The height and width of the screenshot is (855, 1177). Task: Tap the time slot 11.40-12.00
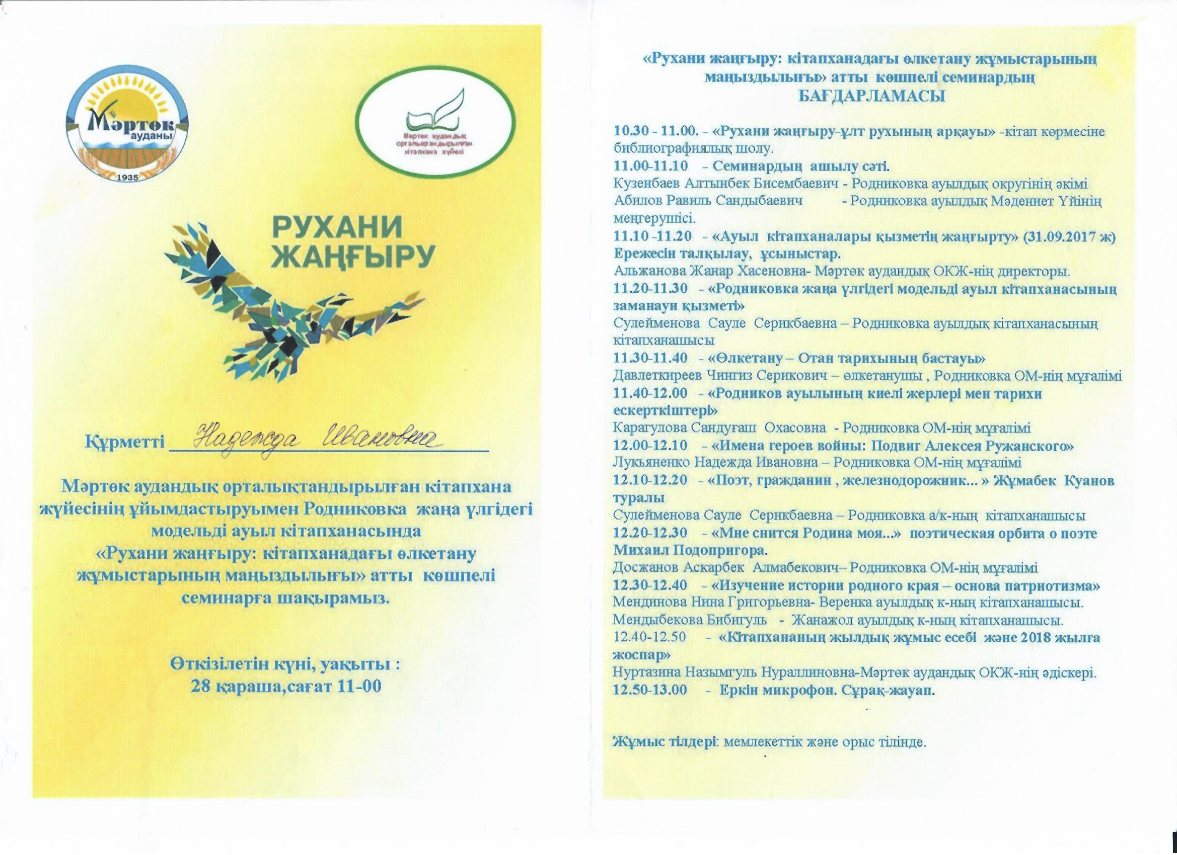650,394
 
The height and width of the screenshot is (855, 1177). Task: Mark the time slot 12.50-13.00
650,690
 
